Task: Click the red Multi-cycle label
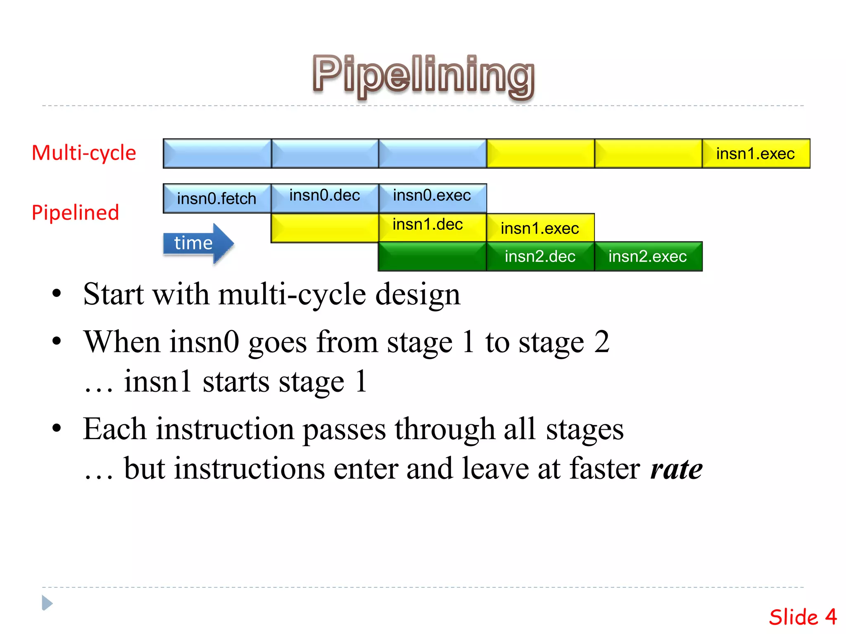coord(84,153)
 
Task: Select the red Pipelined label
coord(75,213)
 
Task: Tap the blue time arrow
coord(198,243)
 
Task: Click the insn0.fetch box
coord(217,199)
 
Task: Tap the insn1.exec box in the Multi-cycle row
coord(756,154)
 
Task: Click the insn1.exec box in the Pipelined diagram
coord(540,228)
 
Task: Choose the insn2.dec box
coord(540,256)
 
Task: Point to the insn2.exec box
coord(648,256)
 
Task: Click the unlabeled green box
coord(433,256)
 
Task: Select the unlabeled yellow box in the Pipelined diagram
coord(325,228)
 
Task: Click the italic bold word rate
coord(676,469)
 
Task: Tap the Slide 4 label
coord(802,617)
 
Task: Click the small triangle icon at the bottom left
coord(47,603)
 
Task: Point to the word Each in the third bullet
coord(114,429)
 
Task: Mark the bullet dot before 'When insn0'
coord(57,341)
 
